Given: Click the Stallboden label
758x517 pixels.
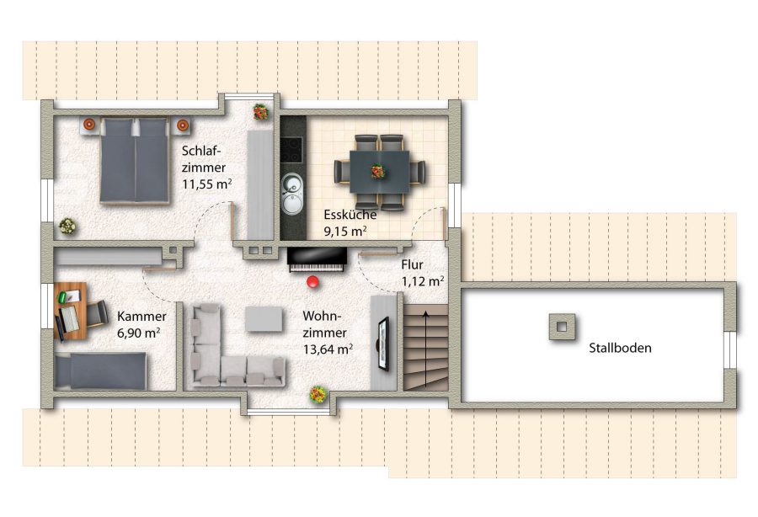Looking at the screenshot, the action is click(620, 348).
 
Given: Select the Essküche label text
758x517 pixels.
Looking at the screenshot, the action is click(350, 215).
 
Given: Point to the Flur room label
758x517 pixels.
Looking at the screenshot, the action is click(412, 264).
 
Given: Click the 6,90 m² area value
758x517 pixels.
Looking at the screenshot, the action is click(139, 333).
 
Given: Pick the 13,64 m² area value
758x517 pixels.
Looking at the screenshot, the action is click(328, 349).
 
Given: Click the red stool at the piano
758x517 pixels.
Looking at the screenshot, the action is click(313, 281).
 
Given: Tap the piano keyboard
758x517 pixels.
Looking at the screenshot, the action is click(317, 268).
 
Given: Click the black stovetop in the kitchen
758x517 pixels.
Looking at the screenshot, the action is click(291, 150).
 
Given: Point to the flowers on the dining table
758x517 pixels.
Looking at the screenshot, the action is click(377, 172).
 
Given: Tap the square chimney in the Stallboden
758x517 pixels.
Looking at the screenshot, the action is click(562, 327).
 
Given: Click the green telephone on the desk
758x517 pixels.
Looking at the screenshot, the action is click(63, 296).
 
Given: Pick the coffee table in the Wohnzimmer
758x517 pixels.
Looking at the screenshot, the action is click(264, 319).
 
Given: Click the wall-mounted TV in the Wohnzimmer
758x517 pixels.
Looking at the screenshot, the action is click(383, 344).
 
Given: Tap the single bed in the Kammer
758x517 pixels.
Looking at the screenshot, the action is click(100, 370).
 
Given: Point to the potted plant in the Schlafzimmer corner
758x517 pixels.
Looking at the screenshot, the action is click(67, 226).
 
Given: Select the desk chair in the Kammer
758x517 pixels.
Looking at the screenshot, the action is click(96, 314).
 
